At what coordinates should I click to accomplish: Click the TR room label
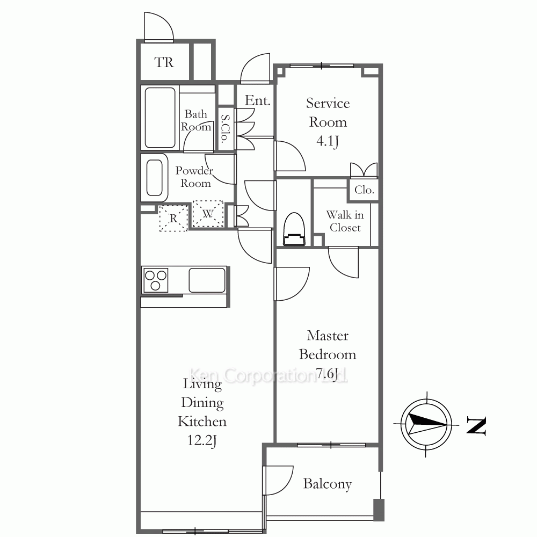[164, 62]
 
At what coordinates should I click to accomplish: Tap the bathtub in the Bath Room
[160, 118]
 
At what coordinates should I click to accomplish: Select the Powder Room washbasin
[155, 178]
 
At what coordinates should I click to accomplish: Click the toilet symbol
[294, 229]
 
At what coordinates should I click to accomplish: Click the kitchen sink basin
[207, 280]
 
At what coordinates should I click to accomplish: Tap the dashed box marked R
[173, 218]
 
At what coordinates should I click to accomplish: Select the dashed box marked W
[208, 214]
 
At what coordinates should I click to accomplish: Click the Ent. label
[258, 100]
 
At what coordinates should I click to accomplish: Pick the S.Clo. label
[225, 129]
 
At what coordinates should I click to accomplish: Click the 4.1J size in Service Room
[328, 141]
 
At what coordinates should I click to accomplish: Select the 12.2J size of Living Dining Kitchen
[202, 440]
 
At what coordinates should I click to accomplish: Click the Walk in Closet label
[345, 221]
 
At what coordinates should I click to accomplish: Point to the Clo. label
[364, 190]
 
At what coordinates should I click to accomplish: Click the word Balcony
[328, 484]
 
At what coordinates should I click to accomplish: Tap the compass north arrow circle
[426, 425]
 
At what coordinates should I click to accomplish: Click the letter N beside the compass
[476, 426]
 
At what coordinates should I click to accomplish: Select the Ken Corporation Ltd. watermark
[268, 375]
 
